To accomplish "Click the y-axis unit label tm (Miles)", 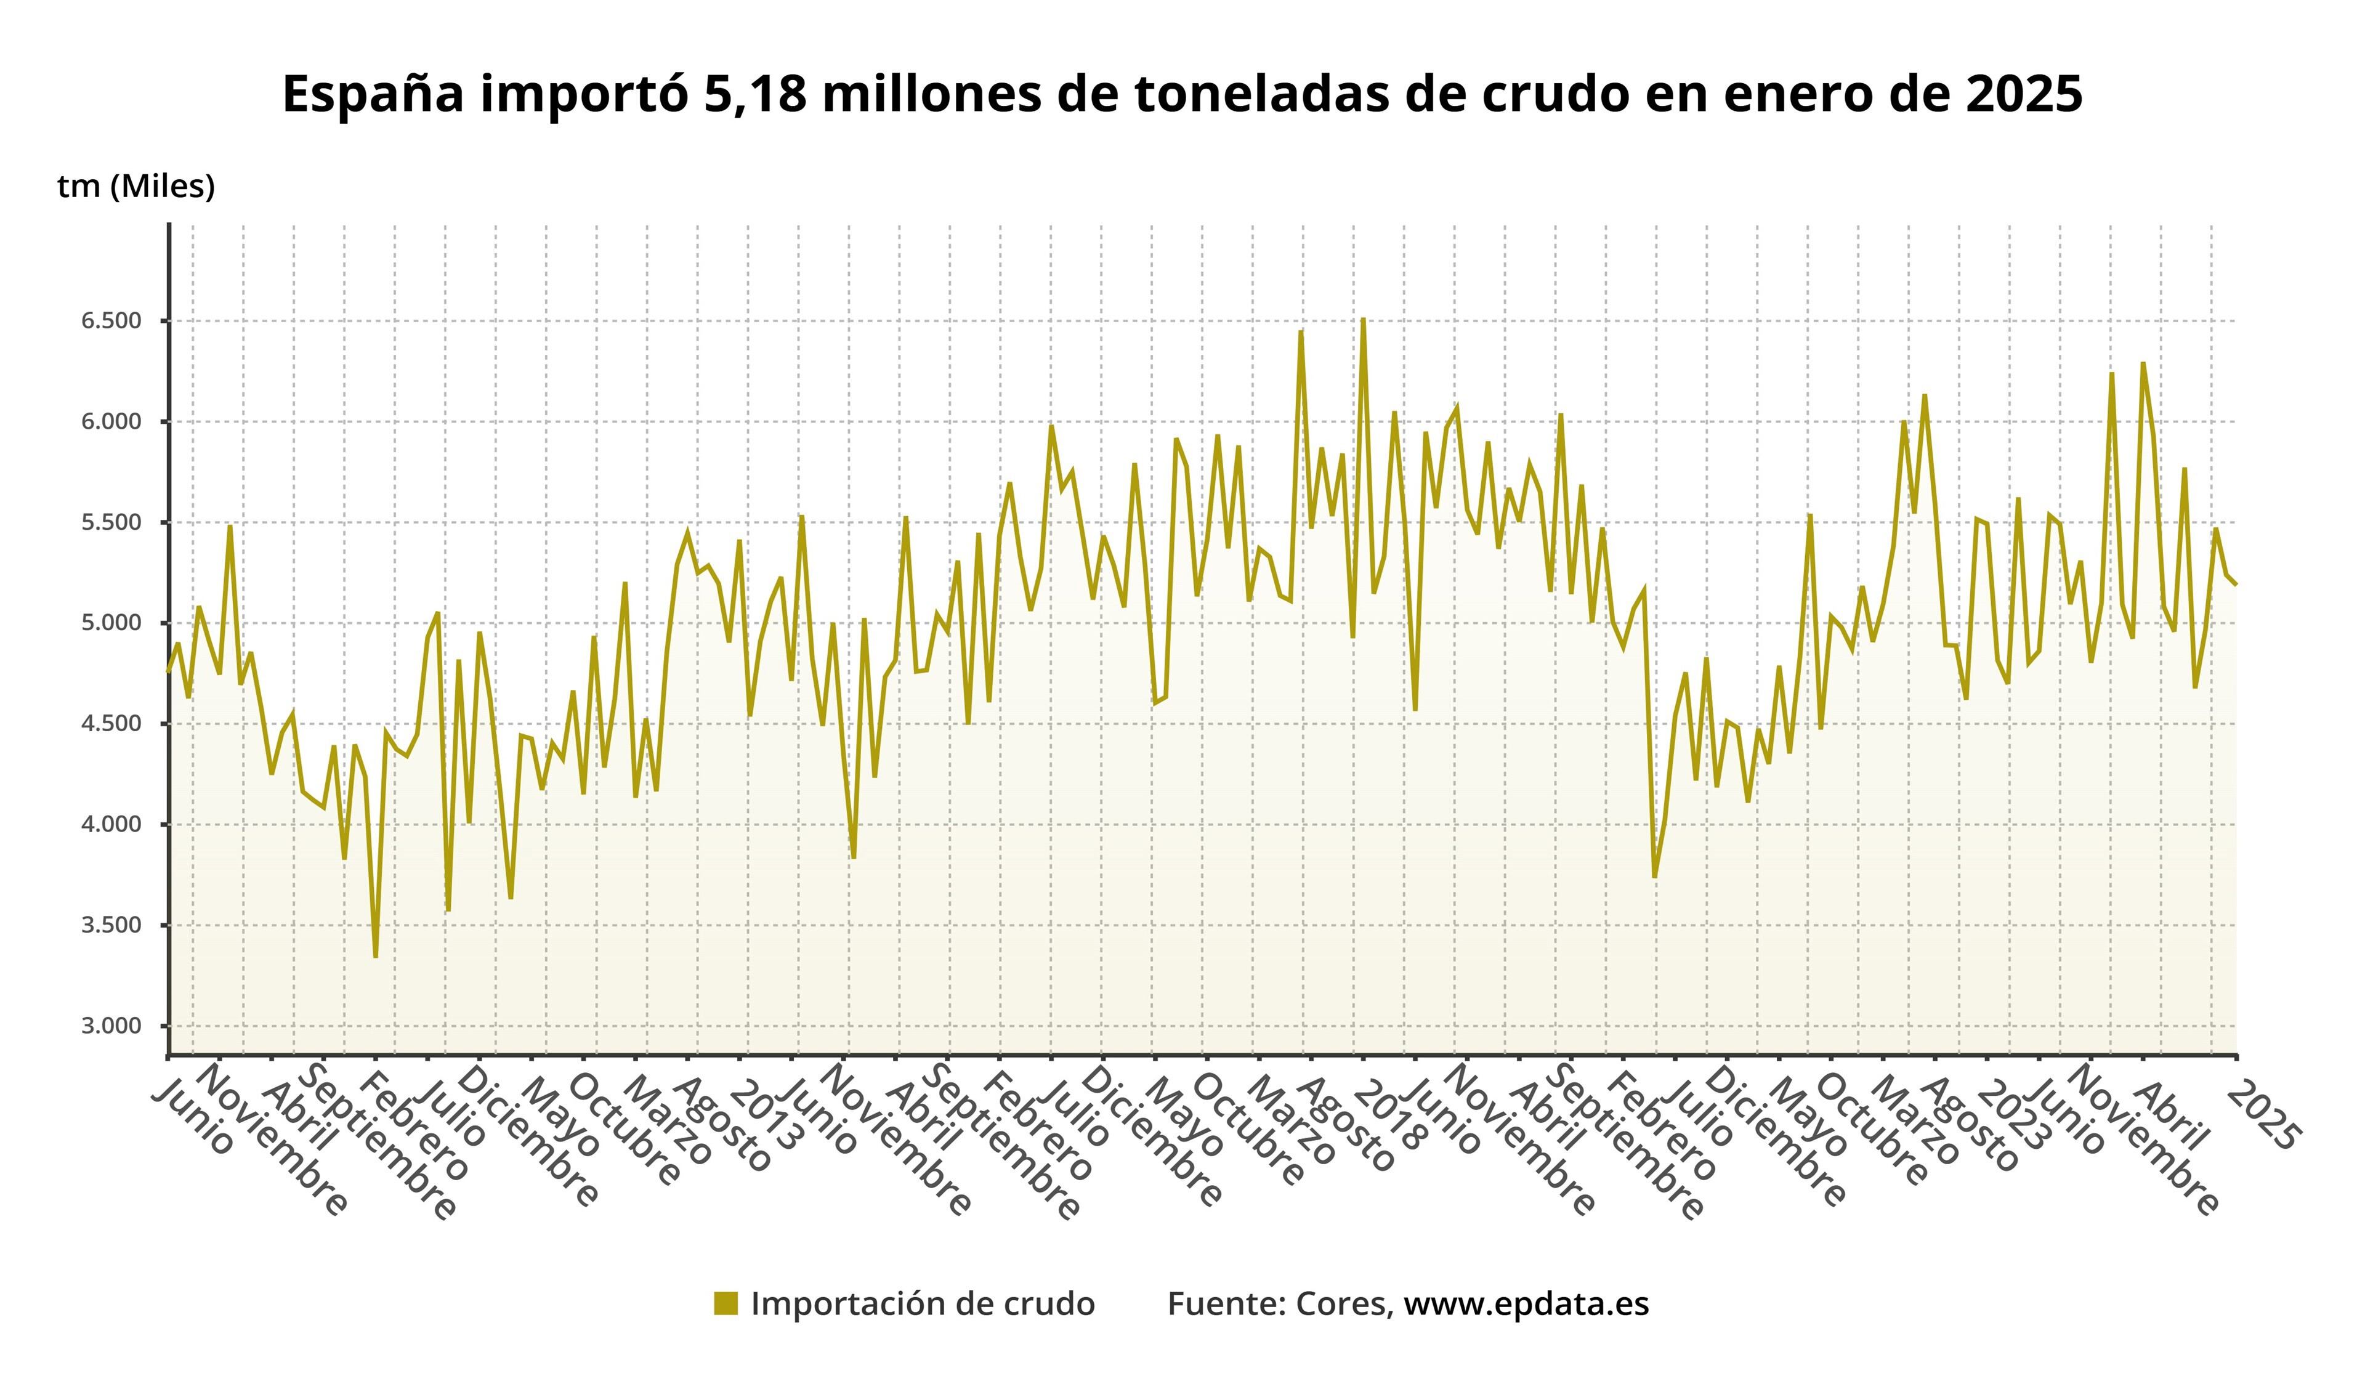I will [x=136, y=186].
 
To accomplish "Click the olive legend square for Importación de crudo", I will [x=726, y=1303].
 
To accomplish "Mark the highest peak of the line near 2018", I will [x=1363, y=319].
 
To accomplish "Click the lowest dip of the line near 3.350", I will [x=376, y=957].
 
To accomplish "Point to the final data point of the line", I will [x=2236, y=585].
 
